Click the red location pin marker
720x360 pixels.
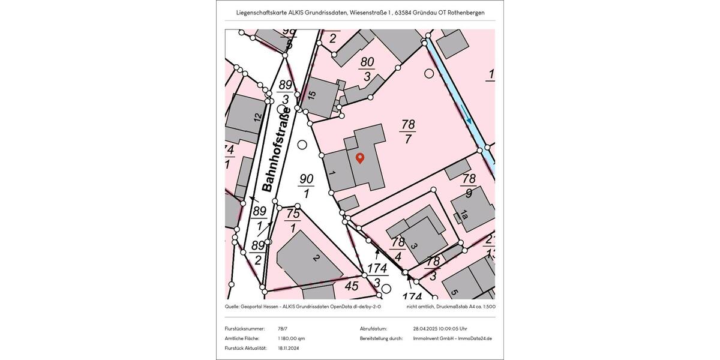coord(360,158)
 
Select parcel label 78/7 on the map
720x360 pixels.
coord(408,132)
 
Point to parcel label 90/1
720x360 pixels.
coord(307,186)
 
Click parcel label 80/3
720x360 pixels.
coord(367,68)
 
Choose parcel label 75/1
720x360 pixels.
coord(293,220)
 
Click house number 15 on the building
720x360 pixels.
coord(311,95)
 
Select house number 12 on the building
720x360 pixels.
coord(257,118)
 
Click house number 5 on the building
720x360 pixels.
coord(454,292)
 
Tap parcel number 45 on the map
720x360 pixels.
coord(352,286)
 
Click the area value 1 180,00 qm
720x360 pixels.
coord(292,338)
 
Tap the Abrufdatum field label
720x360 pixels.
coord(373,329)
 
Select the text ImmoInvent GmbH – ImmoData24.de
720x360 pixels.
coord(452,338)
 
